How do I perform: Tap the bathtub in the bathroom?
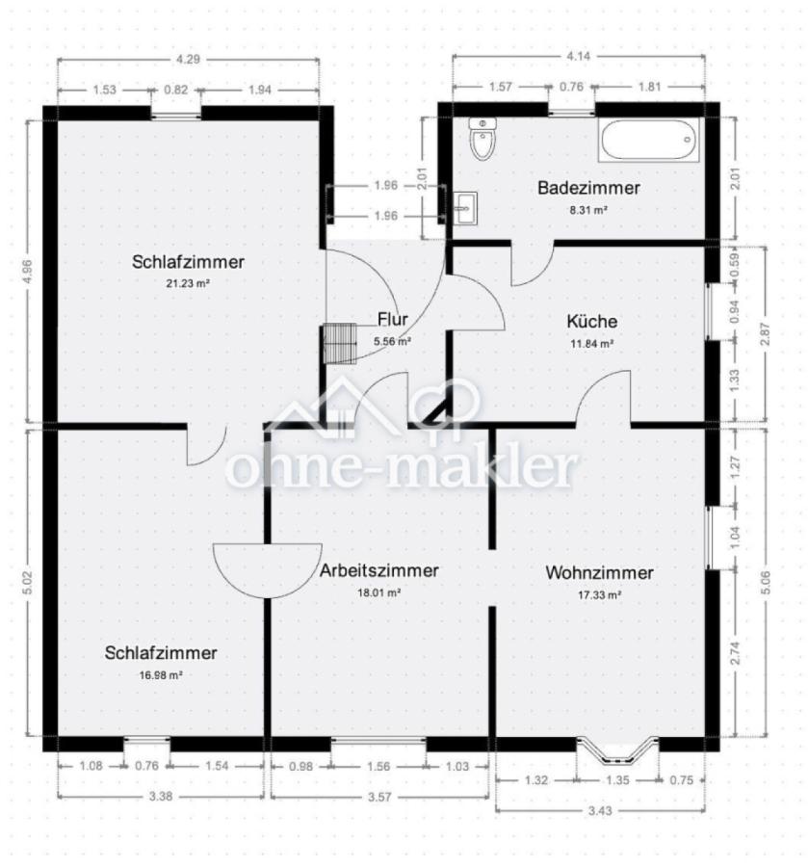pyautogui.click(x=648, y=141)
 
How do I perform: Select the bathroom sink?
pyautogui.click(x=465, y=208)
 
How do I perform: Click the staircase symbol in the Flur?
pyautogui.click(x=340, y=343)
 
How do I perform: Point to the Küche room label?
pyautogui.click(x=592, y=321)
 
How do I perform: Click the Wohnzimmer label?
pyautogui.click(x=599, y=572)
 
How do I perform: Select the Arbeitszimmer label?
pyautogui.click(x=379, y=570)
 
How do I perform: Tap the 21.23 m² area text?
pyautogui.click(x=188, y=283)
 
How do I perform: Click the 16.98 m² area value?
pyautogui.click(x=161, y=674)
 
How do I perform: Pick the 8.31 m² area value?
pyautogui.click(x=588, y=210)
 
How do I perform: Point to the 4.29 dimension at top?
pyautogui.click(x=188, y=59)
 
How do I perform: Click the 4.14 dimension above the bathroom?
pyautogui.click(x=578, y=56)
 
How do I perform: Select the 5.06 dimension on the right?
pyautogui.click(x=766, y=582)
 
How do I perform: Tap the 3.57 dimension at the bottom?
pyautogui.click(x=379, y=797)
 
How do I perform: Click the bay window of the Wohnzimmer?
pyautogui.click(x=617, y=750)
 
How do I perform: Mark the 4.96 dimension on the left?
pyautogui.click(x=29, y=272)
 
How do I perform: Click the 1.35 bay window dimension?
pyautogui.click(x=617, y=780)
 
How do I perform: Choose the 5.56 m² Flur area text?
pyautogui.click(x=392, y=341)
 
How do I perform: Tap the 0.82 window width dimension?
pyautogui.click(x=175, y=90)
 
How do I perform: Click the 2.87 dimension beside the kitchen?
pyautogui.click(x=766, y=333)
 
